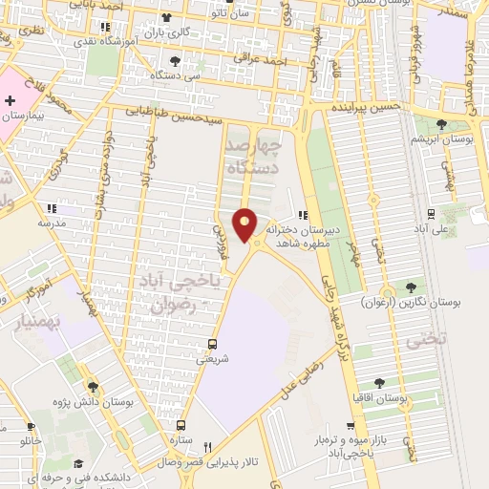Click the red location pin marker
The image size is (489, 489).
click(x=245, y=224)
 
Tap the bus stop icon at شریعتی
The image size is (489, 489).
click(x=212, y=344)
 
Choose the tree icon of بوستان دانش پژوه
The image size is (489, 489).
click(x=93, y=387)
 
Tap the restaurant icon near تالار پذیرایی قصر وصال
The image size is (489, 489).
click(x=207, y=446)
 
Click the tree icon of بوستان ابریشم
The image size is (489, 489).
click(x=442, y=124)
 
